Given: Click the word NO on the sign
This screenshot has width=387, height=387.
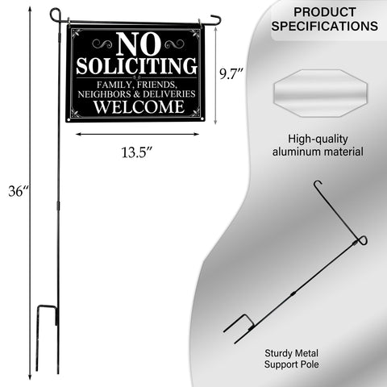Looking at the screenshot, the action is [138, 44].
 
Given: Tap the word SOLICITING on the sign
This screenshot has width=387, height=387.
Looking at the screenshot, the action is [136, 66].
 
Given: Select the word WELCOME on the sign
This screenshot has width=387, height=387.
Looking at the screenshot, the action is [139, 106].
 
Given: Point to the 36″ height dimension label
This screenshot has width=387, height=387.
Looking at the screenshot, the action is [19, 191].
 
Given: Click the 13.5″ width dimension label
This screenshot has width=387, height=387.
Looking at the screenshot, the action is [137, 152].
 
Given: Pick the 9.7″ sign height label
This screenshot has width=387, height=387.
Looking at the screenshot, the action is [231, 73].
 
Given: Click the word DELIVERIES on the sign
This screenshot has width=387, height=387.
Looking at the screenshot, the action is [169, 94].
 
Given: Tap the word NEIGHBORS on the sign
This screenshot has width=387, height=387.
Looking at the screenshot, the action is [104, 94].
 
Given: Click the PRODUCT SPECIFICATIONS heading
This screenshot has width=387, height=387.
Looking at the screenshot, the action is [325, 19].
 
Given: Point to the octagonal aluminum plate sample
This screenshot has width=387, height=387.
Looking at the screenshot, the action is [320, 93].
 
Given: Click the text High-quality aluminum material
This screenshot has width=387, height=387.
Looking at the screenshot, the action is [318, 145].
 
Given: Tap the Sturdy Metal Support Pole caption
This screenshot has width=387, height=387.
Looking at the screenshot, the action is [292, 359].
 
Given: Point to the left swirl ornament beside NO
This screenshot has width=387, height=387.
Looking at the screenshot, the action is [102, 44].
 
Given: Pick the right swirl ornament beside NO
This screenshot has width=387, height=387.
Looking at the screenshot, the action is [174, 44].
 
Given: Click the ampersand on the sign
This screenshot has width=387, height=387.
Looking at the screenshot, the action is [137, 94].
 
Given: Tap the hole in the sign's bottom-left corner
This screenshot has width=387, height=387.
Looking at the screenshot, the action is [69, 119].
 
